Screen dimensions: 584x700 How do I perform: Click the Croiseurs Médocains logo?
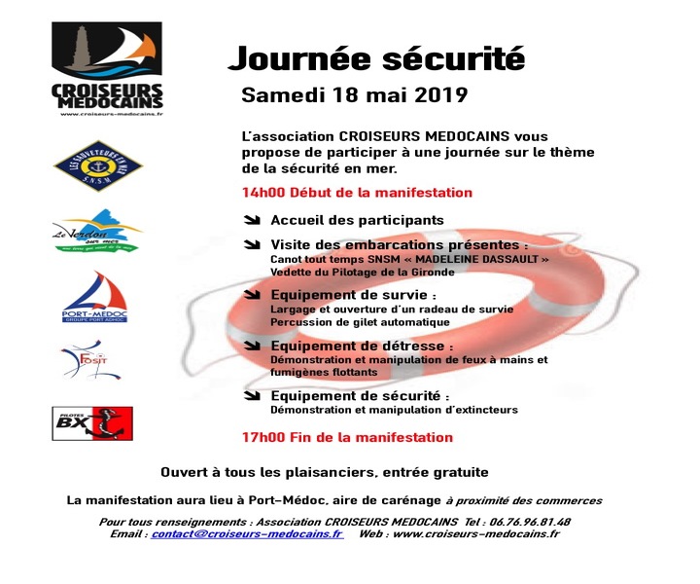[x=107, y=69]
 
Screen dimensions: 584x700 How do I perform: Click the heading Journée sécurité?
[x=375, y=57]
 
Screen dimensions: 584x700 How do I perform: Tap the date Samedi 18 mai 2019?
[x=354, y=96]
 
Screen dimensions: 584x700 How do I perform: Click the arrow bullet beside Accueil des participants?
[x=253, y=220]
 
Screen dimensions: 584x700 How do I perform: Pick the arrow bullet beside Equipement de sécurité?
[x=253, y=396]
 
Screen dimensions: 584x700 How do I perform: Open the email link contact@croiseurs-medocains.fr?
[x=246, y=533]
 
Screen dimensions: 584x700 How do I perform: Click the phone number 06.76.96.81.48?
[x=531, y=521]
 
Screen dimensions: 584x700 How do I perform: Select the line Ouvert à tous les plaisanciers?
[x=324, y=472]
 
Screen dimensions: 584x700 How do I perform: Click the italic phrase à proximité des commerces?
[x=524, y=500]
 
